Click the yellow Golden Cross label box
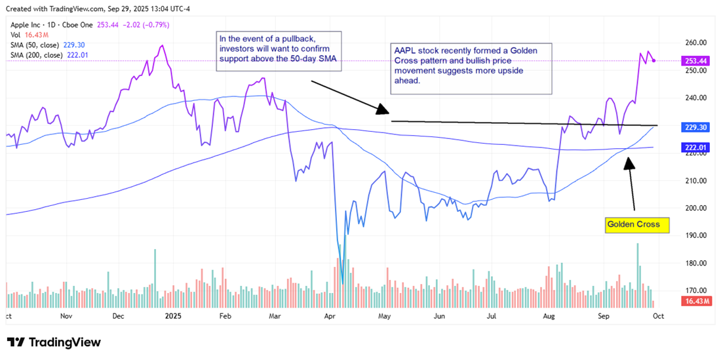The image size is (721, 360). (x=637, y=225)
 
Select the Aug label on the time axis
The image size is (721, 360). (x=549, y=315)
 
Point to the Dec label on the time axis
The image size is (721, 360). (x=119, y=315)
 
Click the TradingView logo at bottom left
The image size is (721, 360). (x=54, y=342)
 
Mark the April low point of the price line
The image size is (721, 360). (x=343, y=284)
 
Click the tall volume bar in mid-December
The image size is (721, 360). (x=155, y=250)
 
